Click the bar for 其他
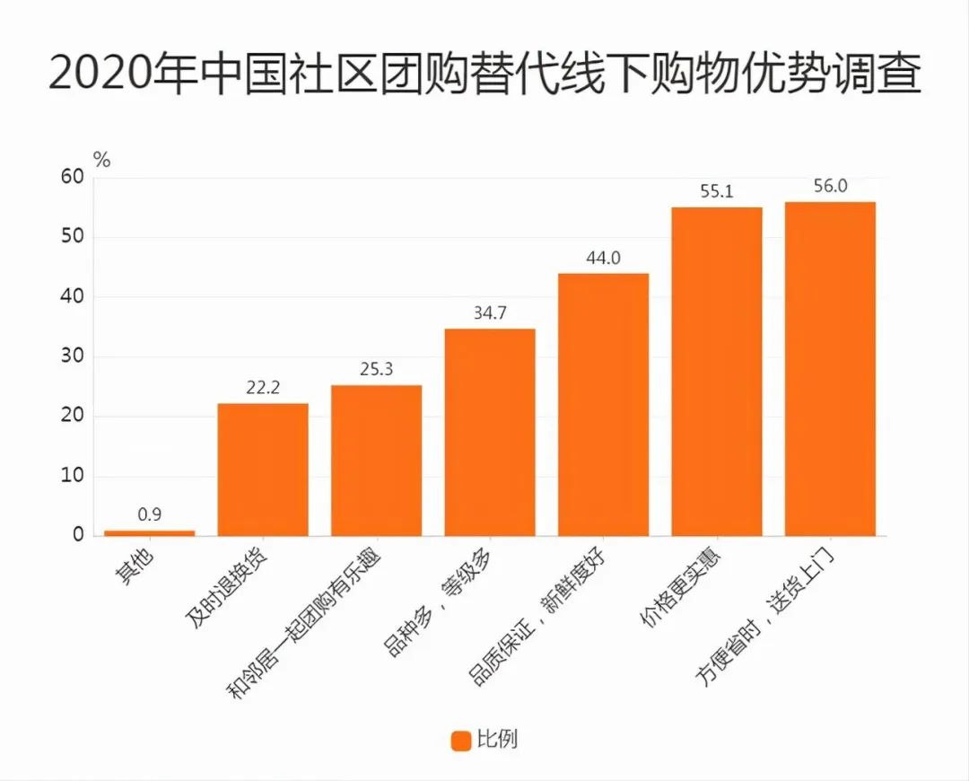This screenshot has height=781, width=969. pyautogui.click(x=149, y=533)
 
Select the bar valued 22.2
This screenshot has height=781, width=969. pyautogui.click(x=263, y=469)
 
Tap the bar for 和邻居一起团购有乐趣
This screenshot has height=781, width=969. pyautogui.click(x=376, y=461)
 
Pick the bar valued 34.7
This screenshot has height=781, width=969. pyautogui.click(x=490, y=433)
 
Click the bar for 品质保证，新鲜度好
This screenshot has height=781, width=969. pyautogui.click(x=603, y=405)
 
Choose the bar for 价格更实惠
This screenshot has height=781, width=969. pyautogui.click(x=717, y=372)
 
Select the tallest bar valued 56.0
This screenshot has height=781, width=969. pyautogui.click(x=830, y=369)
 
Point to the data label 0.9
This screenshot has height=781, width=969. pyautogui.click(x=149, y=515)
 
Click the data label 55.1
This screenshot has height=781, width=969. pyautogui.click(x=717, y=191)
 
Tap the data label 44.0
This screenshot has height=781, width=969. pyautogui.click(x=603, y=258)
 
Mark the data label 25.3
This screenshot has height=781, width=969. pyautogui.click(x=376, y=369)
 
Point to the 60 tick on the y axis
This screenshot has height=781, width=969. pyautogui.click(x=73, y=178)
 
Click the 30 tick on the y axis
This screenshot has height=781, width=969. pyautogui.click(x=73, y=356)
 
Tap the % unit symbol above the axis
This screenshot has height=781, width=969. pyautogui.click(x=101, y=160)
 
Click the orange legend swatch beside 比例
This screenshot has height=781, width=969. pyautogui.click(x=460, y=741)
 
